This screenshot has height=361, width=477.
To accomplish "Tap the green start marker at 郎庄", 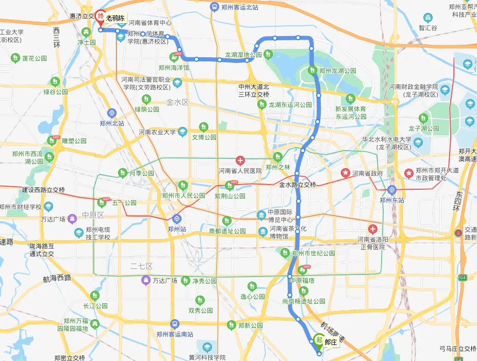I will (319, 340).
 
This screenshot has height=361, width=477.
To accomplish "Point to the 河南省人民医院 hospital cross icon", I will (240, 160).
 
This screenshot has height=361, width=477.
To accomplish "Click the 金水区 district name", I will (178, 102).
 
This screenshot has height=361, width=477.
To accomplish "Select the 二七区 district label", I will (141, 266).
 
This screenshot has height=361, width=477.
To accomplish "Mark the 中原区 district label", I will (93, 215).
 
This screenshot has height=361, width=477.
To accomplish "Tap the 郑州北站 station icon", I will (112, 113).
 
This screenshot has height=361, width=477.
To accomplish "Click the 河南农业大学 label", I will (157, 133).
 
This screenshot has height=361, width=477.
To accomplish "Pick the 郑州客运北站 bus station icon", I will (215, 7).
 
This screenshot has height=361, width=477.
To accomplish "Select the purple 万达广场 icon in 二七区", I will (146, 280).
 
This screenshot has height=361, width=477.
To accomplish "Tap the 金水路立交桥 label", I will (298, 184).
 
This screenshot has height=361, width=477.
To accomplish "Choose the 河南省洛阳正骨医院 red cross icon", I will (372, 228).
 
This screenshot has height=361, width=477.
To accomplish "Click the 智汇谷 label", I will (427, 28).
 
